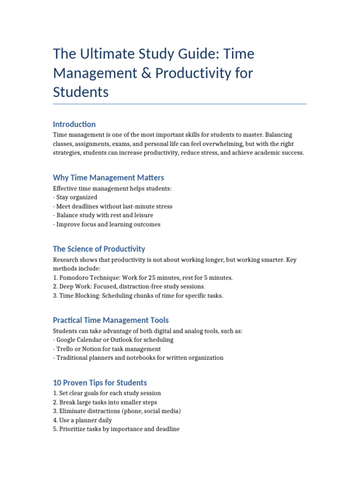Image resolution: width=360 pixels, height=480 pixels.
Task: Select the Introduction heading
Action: tap(74, 124)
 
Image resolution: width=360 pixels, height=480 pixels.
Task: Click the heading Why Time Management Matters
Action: tap(108, 178)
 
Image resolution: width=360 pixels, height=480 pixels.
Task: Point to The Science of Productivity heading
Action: tap(99, 249)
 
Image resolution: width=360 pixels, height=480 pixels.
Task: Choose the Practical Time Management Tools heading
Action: tap(111, 321)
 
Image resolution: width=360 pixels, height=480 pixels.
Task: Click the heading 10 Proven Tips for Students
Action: tap(100, 383)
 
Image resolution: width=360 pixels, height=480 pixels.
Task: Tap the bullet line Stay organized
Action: tap(77, 197)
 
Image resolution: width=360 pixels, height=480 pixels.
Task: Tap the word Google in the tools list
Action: tap(67, 340)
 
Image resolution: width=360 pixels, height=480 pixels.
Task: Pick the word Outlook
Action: tap(123, 340)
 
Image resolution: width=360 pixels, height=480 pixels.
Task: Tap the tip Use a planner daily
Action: tap(85, 420)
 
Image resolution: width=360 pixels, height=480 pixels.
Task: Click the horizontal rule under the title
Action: tap(180, 104)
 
